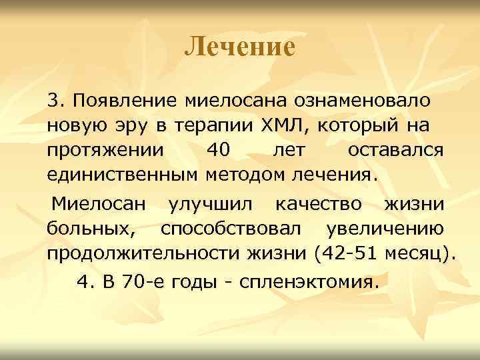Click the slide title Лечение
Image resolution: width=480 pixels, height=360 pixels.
click(239, 47)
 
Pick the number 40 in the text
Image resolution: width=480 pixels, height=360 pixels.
click(219, 150)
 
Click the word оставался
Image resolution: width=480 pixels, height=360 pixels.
click(395, 150)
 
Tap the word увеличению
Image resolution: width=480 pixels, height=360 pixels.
click(385, 229)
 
